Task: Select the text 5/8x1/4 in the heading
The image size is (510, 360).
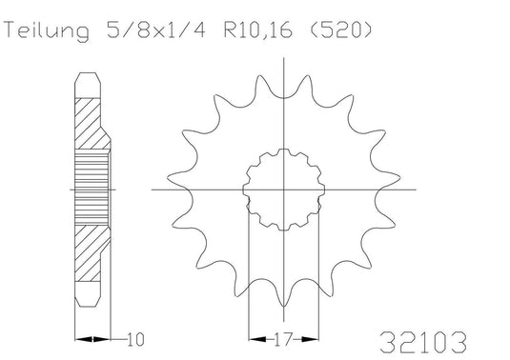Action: [156, 30]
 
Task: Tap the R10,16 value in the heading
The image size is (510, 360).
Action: [258, 30]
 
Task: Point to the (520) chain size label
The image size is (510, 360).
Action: [339, 30]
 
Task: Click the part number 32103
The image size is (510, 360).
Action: [423, 342]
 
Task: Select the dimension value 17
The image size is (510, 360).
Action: [284, 339]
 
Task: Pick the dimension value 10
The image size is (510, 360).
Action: [135, 340]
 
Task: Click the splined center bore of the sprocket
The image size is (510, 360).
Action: [284, 190]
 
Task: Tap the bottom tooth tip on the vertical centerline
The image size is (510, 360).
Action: [284, 306]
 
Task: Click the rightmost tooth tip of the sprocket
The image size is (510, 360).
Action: [399, 178]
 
